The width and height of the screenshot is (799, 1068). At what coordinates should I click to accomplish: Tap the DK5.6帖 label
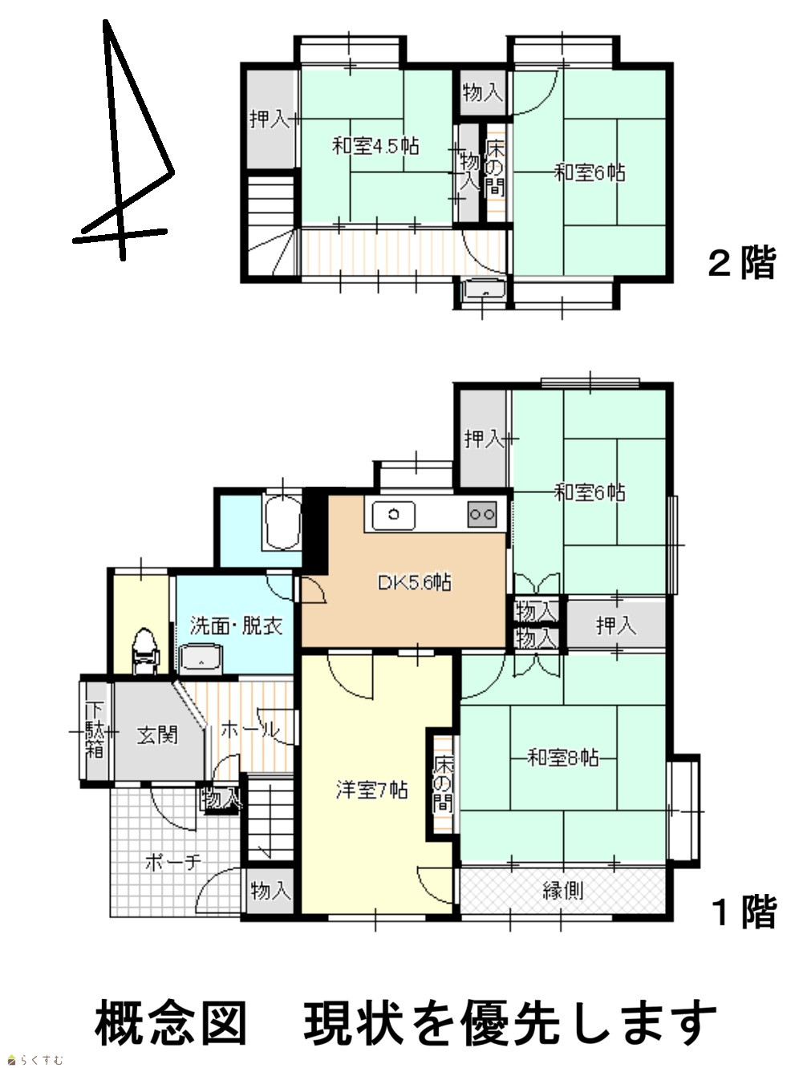pyautogui.click(x=415, y=582)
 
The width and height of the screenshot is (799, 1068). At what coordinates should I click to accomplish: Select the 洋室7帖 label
pyautogui.click(x=371, y=791)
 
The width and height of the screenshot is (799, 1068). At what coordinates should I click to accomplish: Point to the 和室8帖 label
pyautogui.click(x=563, y=758)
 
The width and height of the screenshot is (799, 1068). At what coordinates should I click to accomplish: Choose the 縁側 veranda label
pyautogui.click(x=562, y=891)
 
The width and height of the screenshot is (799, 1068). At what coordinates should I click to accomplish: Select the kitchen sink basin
pyautogui.click(x=394, y=516)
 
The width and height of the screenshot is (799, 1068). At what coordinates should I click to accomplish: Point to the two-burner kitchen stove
pyautogui.click(x=482, y=514)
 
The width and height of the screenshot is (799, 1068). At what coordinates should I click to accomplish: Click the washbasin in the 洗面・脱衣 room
pyautogui.click(x=201, y=659)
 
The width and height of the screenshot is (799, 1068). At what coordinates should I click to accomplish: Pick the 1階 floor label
pyautogui.click(x=744, y=912)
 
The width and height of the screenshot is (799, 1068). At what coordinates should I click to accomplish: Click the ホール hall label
pyautogui.click(x=250, y=730)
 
